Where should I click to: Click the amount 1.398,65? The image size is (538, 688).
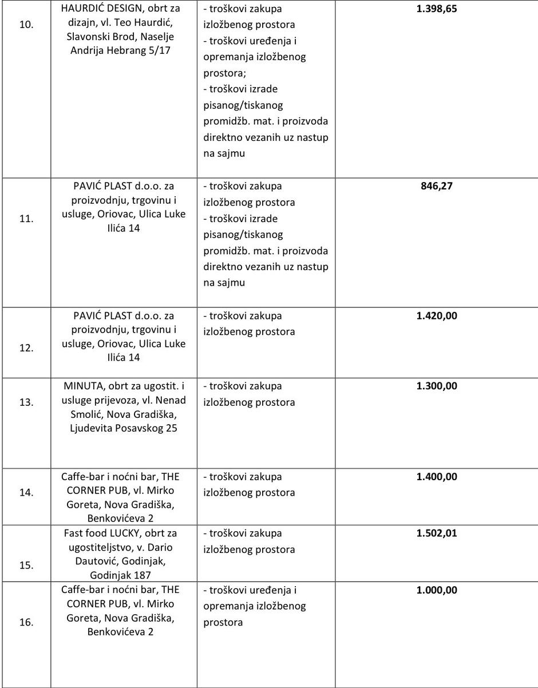coord(437,9)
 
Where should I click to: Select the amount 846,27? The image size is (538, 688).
coord(437,186)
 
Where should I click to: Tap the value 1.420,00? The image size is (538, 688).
coord(437,315)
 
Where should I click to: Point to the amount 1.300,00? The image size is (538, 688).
coord(437,386)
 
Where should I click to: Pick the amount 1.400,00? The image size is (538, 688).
coord(437,476)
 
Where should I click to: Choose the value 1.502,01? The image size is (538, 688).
coord(437,533)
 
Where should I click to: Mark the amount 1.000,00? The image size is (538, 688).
coord(437,590)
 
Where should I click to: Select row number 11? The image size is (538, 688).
coord(26,218)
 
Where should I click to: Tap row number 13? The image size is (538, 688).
coord(26,402)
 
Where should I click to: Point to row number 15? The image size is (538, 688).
coord(26,565)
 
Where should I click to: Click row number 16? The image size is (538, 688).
coord(26,622)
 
